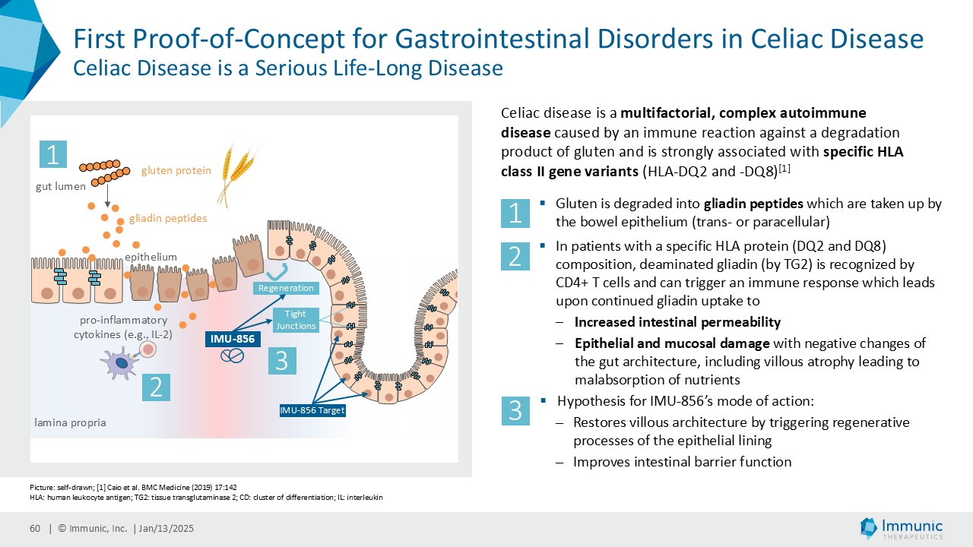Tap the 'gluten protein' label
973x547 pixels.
176,171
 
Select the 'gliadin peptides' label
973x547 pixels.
168,219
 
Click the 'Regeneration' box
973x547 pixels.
286,288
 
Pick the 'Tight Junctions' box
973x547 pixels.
295,320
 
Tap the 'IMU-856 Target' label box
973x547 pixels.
312,411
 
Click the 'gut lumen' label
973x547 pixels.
61,186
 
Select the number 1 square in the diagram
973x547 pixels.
53,155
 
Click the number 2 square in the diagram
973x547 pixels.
156,388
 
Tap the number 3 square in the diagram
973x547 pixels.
281,360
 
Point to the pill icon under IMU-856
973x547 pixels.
233,356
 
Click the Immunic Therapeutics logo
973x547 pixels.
901,529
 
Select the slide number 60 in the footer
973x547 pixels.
35,529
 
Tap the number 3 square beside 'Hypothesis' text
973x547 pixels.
515,411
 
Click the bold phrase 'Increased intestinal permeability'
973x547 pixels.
677,321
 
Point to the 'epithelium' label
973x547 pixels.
151,258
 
